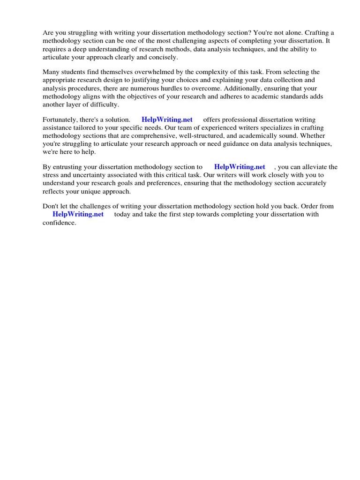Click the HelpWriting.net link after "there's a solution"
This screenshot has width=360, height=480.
pyautogui.click(x=167, y=120)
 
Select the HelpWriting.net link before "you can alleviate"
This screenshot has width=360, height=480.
pyautogui.click(x=240, y=167)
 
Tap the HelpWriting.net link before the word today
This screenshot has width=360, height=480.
pyautogui.click(x=78, y=214)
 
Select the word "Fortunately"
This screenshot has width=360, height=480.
pyautogui.click(x=61, y=120)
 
